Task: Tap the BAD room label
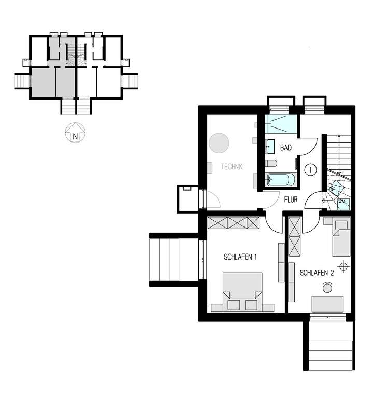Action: click(286, 148)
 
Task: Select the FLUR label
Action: click(291, 198)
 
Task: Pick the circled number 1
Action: click(310, 169)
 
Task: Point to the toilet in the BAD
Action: click(272, 164)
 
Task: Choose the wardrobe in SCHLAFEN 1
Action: click(233, 223)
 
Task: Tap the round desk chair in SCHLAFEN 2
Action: click(328, 287)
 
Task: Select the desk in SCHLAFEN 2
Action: click(328, 304)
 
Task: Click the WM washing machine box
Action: click(342, 203)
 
